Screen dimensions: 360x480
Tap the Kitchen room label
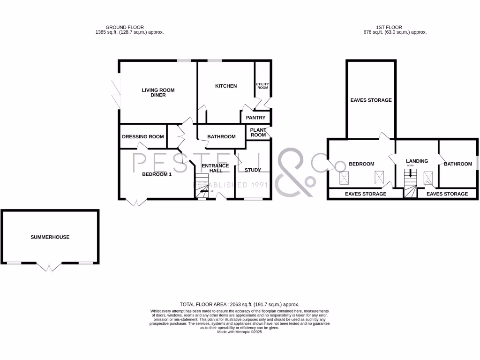click(x=226, y=86)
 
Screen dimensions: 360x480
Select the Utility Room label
click(x=262, y=86)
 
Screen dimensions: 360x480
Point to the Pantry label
click(x=256, y=118)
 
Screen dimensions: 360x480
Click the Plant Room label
click(x=258, y=132)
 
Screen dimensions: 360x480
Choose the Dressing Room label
click(x=143, y=137)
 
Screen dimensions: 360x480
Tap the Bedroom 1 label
click(x=157, y=174)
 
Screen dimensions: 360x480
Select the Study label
click(x=253, y=170)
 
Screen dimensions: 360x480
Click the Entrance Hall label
click(x=216, y=168)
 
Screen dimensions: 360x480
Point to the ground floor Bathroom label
click(x=221, y=137)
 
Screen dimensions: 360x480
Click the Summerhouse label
click(x=50, y=237)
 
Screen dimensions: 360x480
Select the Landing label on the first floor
click(x=417, y=161)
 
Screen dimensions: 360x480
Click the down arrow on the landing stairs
click(x=411, y=173)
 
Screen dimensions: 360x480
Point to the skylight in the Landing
click(x=428, y=178)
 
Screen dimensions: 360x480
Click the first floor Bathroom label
click(x=458, y=164)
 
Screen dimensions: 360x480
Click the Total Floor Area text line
click(x=240, y=304)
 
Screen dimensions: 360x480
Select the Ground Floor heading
click(x=125, y=27)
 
